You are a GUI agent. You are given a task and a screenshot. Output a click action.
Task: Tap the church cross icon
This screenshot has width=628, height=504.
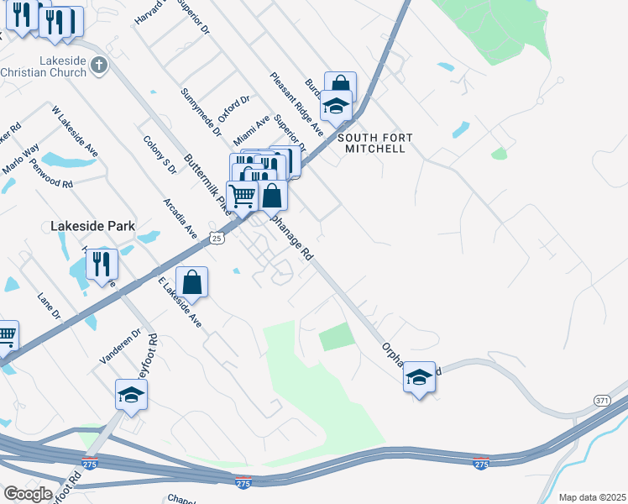tap(99, 65)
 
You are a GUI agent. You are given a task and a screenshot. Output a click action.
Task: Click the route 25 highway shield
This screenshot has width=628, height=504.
tap(217, 239)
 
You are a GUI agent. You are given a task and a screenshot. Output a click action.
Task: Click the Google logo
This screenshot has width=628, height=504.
tap(28, 494)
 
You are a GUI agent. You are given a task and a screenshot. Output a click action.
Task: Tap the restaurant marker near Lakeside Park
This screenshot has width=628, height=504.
tap(102, 263)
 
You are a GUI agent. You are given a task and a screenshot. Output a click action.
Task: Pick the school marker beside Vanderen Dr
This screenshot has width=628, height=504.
tap(131, 394)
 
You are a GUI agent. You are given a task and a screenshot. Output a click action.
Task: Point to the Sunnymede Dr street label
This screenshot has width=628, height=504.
tap(200, 112)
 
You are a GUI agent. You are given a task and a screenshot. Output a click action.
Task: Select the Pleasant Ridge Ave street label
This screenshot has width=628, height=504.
tap(296, 103)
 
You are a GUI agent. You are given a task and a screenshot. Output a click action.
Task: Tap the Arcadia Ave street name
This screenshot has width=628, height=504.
tap(181, 218)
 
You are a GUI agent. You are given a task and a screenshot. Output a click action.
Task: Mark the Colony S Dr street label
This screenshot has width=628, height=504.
tap(160, 155)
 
